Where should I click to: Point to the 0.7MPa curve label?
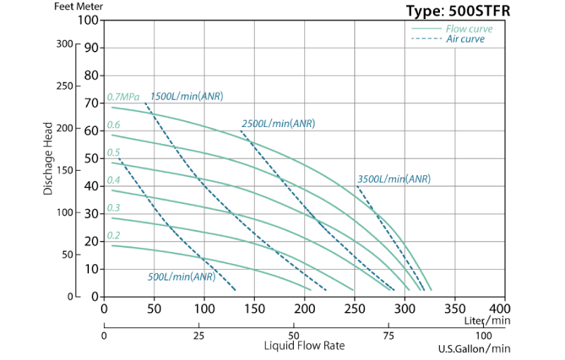123,97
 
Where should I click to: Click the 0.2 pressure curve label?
114,236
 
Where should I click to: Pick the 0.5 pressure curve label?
114,152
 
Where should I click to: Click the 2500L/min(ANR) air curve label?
278,124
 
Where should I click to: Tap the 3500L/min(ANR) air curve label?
393,179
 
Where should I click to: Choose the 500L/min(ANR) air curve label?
182,277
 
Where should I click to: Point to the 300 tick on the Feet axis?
65,44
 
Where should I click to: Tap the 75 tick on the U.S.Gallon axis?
388,335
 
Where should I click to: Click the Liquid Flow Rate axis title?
305,346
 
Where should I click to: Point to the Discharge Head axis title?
48,159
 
